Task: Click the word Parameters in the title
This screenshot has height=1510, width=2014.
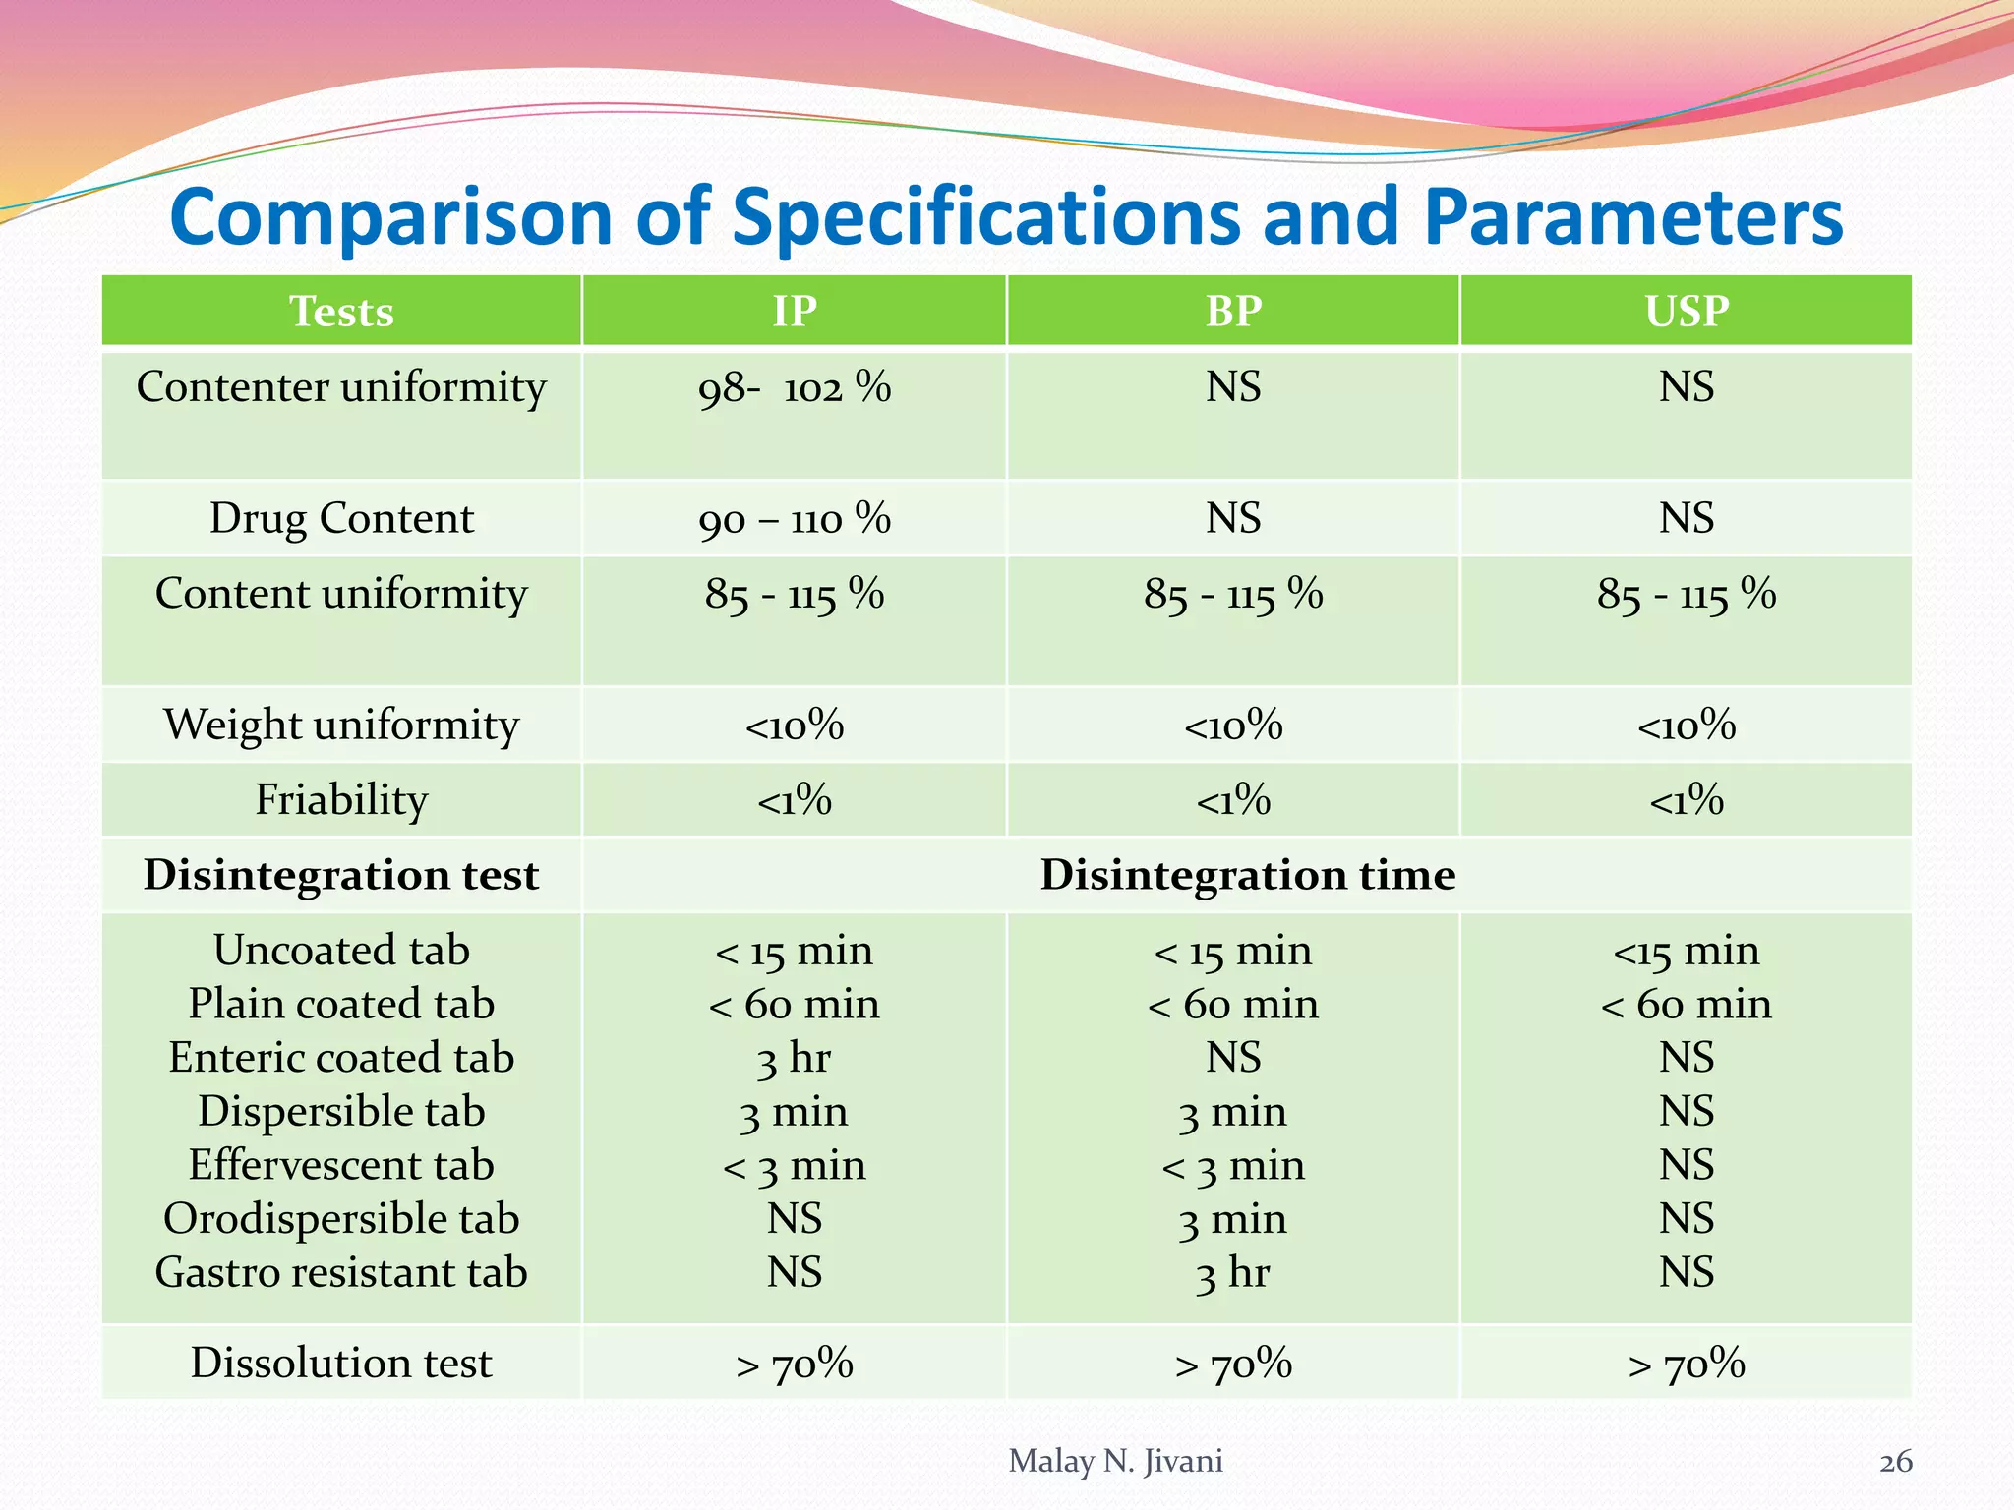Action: coord(1632,218)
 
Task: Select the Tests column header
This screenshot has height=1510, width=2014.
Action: coord(341,312)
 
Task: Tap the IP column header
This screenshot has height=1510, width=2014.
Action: coord(794,312)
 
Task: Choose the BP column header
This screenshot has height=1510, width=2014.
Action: coord(1233,312)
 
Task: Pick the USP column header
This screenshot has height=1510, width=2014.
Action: coord(1686,312)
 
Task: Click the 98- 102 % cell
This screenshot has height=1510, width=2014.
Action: coord(794,387)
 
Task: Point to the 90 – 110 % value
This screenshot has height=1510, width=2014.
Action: coord(794,519)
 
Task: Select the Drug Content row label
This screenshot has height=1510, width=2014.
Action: coord(341,518)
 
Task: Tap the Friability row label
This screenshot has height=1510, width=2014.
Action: coord(341,799)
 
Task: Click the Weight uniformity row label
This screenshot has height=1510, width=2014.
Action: coord(341,725)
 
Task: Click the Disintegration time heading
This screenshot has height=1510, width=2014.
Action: coord(1247,875)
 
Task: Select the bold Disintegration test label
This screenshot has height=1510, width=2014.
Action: coord(341,875)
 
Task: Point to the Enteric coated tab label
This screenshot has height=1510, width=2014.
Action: coord(341,1058)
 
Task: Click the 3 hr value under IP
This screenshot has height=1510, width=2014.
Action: coord(794,1059)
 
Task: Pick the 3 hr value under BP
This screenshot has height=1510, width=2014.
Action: coord(1233,1274)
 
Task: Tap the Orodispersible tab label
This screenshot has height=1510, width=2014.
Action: coord(341,1219)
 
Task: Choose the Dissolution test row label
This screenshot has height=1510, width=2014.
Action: coord(341,1363)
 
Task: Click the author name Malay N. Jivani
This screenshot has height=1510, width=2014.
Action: coord(1115,1461)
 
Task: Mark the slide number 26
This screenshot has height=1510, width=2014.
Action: coord(1895,1462)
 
